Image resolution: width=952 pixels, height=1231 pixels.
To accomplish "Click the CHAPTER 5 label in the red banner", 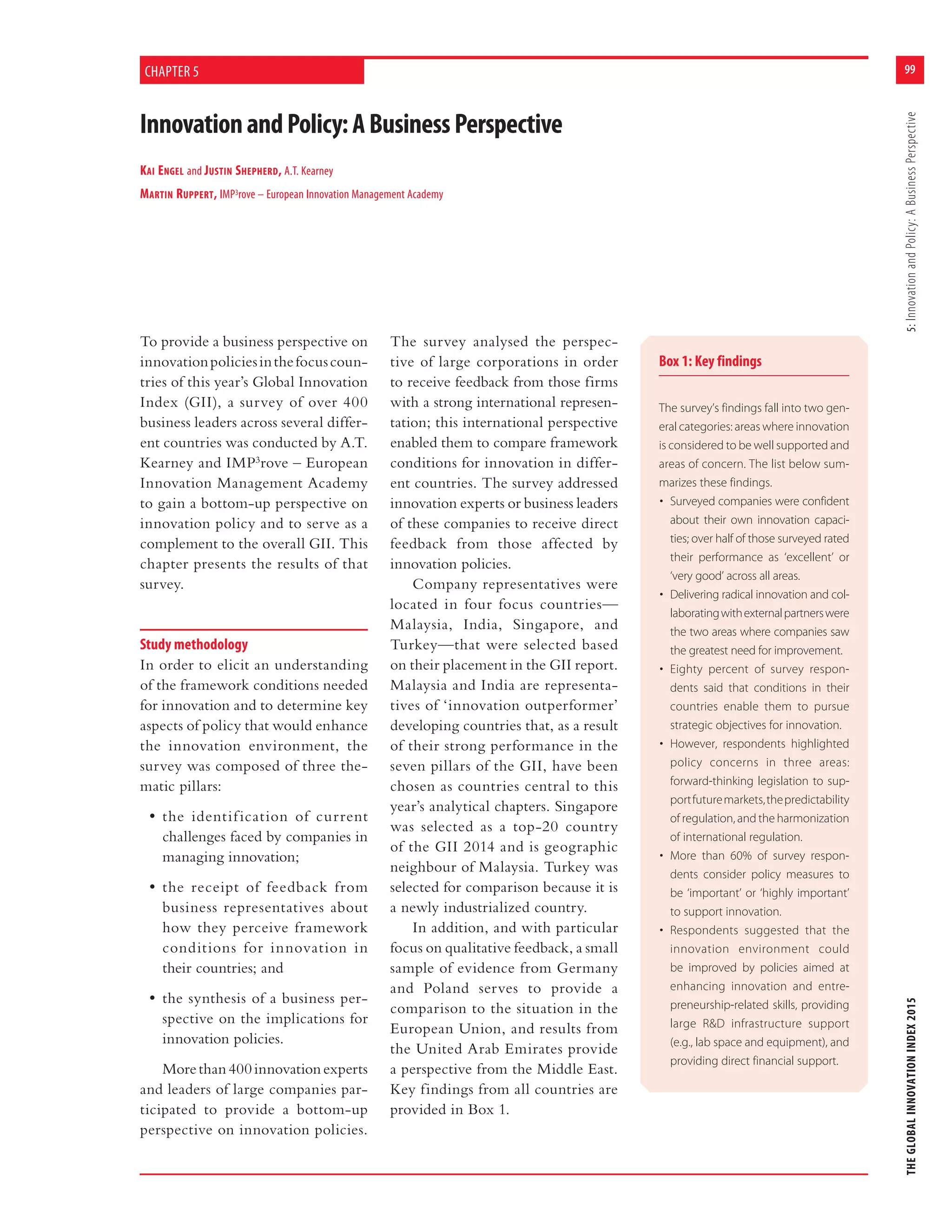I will click(x=172, y=72).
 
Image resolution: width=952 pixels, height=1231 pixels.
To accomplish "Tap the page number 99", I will click(x=909, y=69).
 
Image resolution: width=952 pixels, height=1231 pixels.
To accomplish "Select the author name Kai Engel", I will click(x=162, y=171).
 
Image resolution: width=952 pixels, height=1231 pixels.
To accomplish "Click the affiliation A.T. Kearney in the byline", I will click(x=309, y=171).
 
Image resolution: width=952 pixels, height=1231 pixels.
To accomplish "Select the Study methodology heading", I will click(x=193, y=644).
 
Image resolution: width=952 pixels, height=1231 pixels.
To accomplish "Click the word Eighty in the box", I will click(x=686, y=669).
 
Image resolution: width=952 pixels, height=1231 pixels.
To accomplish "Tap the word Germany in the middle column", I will click(x=587, y=968).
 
